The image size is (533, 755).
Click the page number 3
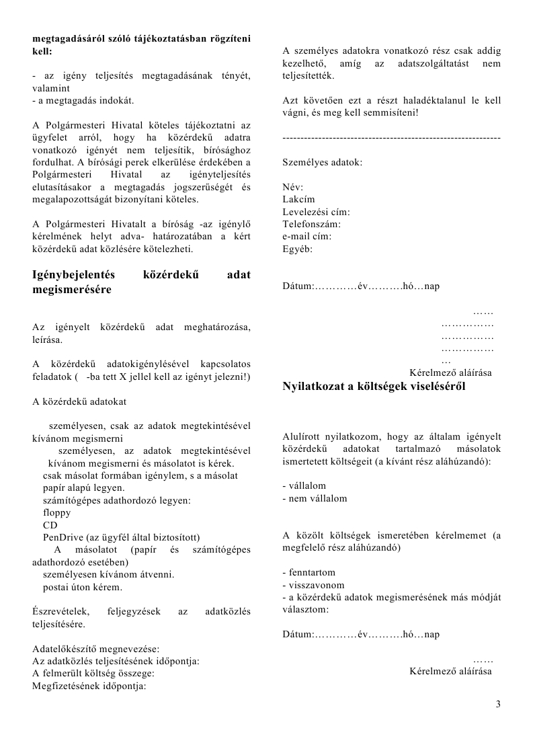point(498,704)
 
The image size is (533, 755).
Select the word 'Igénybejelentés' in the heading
point(74,274)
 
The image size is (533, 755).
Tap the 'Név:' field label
point(293,187)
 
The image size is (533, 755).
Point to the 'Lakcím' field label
point(298,199)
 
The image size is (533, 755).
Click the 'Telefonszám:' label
point(312,224)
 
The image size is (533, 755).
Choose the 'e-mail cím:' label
point(307,236)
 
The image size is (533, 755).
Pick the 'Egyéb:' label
point(298,249)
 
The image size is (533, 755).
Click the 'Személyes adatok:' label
point(322,163)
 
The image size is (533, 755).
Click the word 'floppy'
point(56,512)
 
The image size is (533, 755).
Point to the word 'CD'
point(50,524)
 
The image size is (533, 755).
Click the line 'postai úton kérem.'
point(83,587)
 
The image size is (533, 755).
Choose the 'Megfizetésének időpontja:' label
point(89,686)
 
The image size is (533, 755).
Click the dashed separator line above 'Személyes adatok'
point(391,137)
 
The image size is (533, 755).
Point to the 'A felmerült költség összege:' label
point(94,674)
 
